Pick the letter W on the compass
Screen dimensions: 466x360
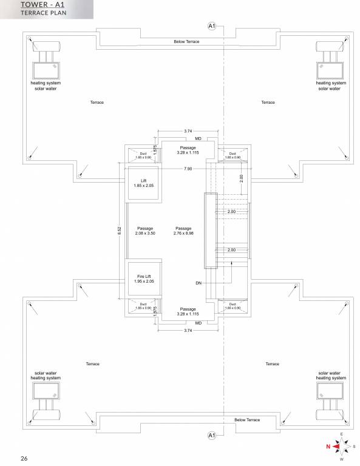[x=341, y=459]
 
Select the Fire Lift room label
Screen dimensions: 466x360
[x=144, y=279]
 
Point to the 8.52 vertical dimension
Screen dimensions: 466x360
[x=119, y=232]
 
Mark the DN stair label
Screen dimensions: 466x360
[x=199, y=283]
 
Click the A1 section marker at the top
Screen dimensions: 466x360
[x=211, y=26]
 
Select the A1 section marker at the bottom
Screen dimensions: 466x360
[x=211, y=435]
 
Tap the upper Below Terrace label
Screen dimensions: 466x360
[x=186, y=41]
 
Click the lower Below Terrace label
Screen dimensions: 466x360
[x=247, y=420]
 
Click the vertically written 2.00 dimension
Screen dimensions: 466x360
[x=241, y=178]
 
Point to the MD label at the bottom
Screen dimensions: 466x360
[x=198, y=323]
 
